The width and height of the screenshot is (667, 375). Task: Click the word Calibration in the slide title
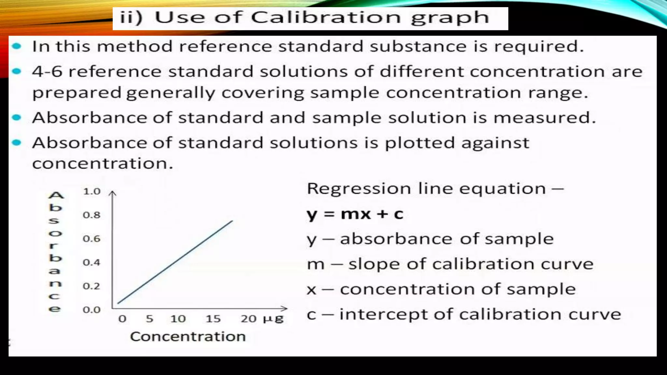(326, 18)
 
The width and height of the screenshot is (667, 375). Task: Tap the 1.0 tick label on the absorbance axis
(92, 191)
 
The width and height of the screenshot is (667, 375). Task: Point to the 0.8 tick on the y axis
(92, 215)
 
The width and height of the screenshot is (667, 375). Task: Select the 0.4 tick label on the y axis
(92, 262)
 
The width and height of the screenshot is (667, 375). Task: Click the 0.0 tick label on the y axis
(92, 310)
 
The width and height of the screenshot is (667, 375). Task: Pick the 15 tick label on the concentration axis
(213, 319)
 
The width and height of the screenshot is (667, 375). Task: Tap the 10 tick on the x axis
(178, 319)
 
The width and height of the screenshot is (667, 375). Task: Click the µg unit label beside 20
(274, 319)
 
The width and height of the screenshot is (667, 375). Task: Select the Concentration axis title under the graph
(188, 337)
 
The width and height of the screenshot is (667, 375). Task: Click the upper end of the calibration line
(232, 221)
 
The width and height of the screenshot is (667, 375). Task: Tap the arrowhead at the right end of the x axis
(285, 308)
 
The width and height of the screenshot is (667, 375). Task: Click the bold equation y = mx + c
(355, 215)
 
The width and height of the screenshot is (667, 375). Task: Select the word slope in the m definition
(374, 264)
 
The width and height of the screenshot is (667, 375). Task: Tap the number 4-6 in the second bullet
(47, 72)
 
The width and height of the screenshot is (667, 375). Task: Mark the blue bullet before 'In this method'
(17, 46)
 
